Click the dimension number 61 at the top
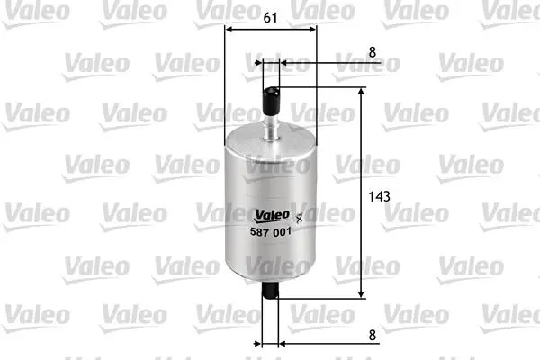click(270, 18)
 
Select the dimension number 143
click(379, 197)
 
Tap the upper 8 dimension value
click(373, 52)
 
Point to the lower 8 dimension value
click(373, 335)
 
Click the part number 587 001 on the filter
click(271, 232)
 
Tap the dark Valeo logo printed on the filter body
click(272, 216)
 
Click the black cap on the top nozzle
click(271, 101)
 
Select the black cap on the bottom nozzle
click(270, 290)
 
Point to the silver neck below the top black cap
click(271, 128)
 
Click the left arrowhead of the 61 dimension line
click(229, 30)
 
